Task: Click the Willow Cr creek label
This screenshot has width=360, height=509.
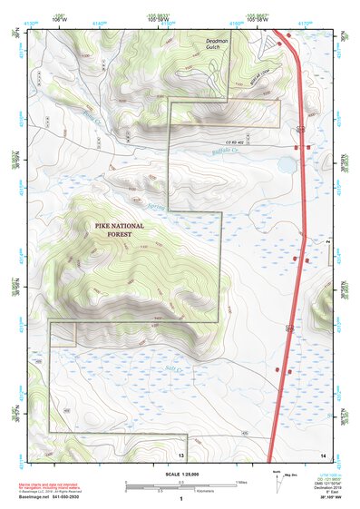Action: tap(93, 119)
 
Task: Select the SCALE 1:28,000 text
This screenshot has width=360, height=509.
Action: tap(181, 475)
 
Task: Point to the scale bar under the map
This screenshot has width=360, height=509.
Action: tap(180, 487)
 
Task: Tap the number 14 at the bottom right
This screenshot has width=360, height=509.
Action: tap(322, 454)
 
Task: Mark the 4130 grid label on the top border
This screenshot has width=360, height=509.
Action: tap(33, 20)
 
